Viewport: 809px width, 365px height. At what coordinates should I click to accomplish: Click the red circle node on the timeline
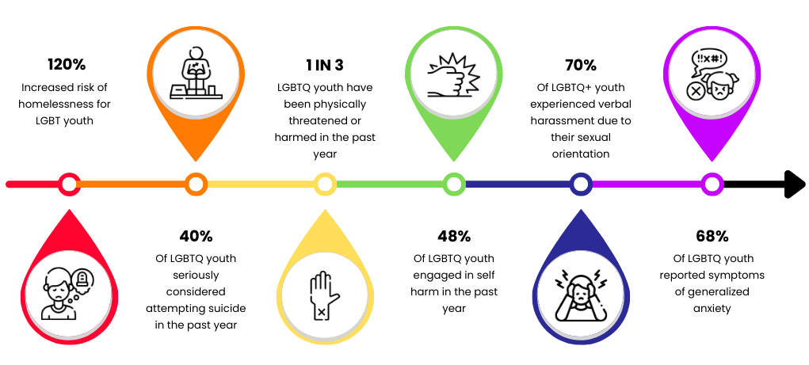click(69, 184)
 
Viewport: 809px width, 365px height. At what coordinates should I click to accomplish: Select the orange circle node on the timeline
click(196, 184)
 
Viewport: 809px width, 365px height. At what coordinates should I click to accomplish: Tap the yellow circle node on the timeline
click(325, 184)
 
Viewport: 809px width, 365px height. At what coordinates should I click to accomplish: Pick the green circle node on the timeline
click(454, 184)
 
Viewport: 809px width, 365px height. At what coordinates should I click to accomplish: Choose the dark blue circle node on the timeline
click(581, 184)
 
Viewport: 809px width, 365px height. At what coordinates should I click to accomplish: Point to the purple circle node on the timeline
click(712, 184)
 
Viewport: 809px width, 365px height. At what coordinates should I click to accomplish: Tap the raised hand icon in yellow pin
click(323, 295)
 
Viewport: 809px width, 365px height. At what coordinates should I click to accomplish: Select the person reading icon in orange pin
click(196, 74)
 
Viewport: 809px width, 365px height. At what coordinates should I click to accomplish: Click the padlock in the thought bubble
click(82, 278)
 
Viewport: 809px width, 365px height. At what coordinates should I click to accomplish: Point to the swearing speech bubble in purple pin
click(708, 60)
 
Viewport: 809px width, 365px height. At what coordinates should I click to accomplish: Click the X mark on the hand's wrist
click(321, 313)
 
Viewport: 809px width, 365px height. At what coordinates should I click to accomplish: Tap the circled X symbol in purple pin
click(695, 91)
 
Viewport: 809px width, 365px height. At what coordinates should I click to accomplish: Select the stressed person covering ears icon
click(581, 295)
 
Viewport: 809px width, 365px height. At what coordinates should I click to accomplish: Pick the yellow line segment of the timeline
click(261, 184)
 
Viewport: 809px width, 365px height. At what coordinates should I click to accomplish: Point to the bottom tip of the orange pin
click(196, 160)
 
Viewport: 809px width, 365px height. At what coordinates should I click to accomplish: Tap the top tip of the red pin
click(70, 211)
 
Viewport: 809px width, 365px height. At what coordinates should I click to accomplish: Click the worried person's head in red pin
click(59, 285)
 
